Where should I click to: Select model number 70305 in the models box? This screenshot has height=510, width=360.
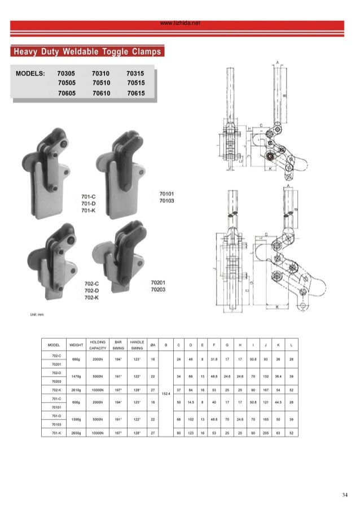coord(67,73)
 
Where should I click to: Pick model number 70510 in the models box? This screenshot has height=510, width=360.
coord(101,83)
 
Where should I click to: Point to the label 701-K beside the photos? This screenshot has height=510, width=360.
coord(87,211)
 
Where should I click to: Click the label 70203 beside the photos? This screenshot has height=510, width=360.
coord(159,290)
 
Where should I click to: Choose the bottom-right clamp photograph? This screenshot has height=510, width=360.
coord(119,258)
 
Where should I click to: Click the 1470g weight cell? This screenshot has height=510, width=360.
coord(76,376)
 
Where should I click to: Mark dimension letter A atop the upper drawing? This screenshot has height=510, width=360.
coord(278,60)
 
